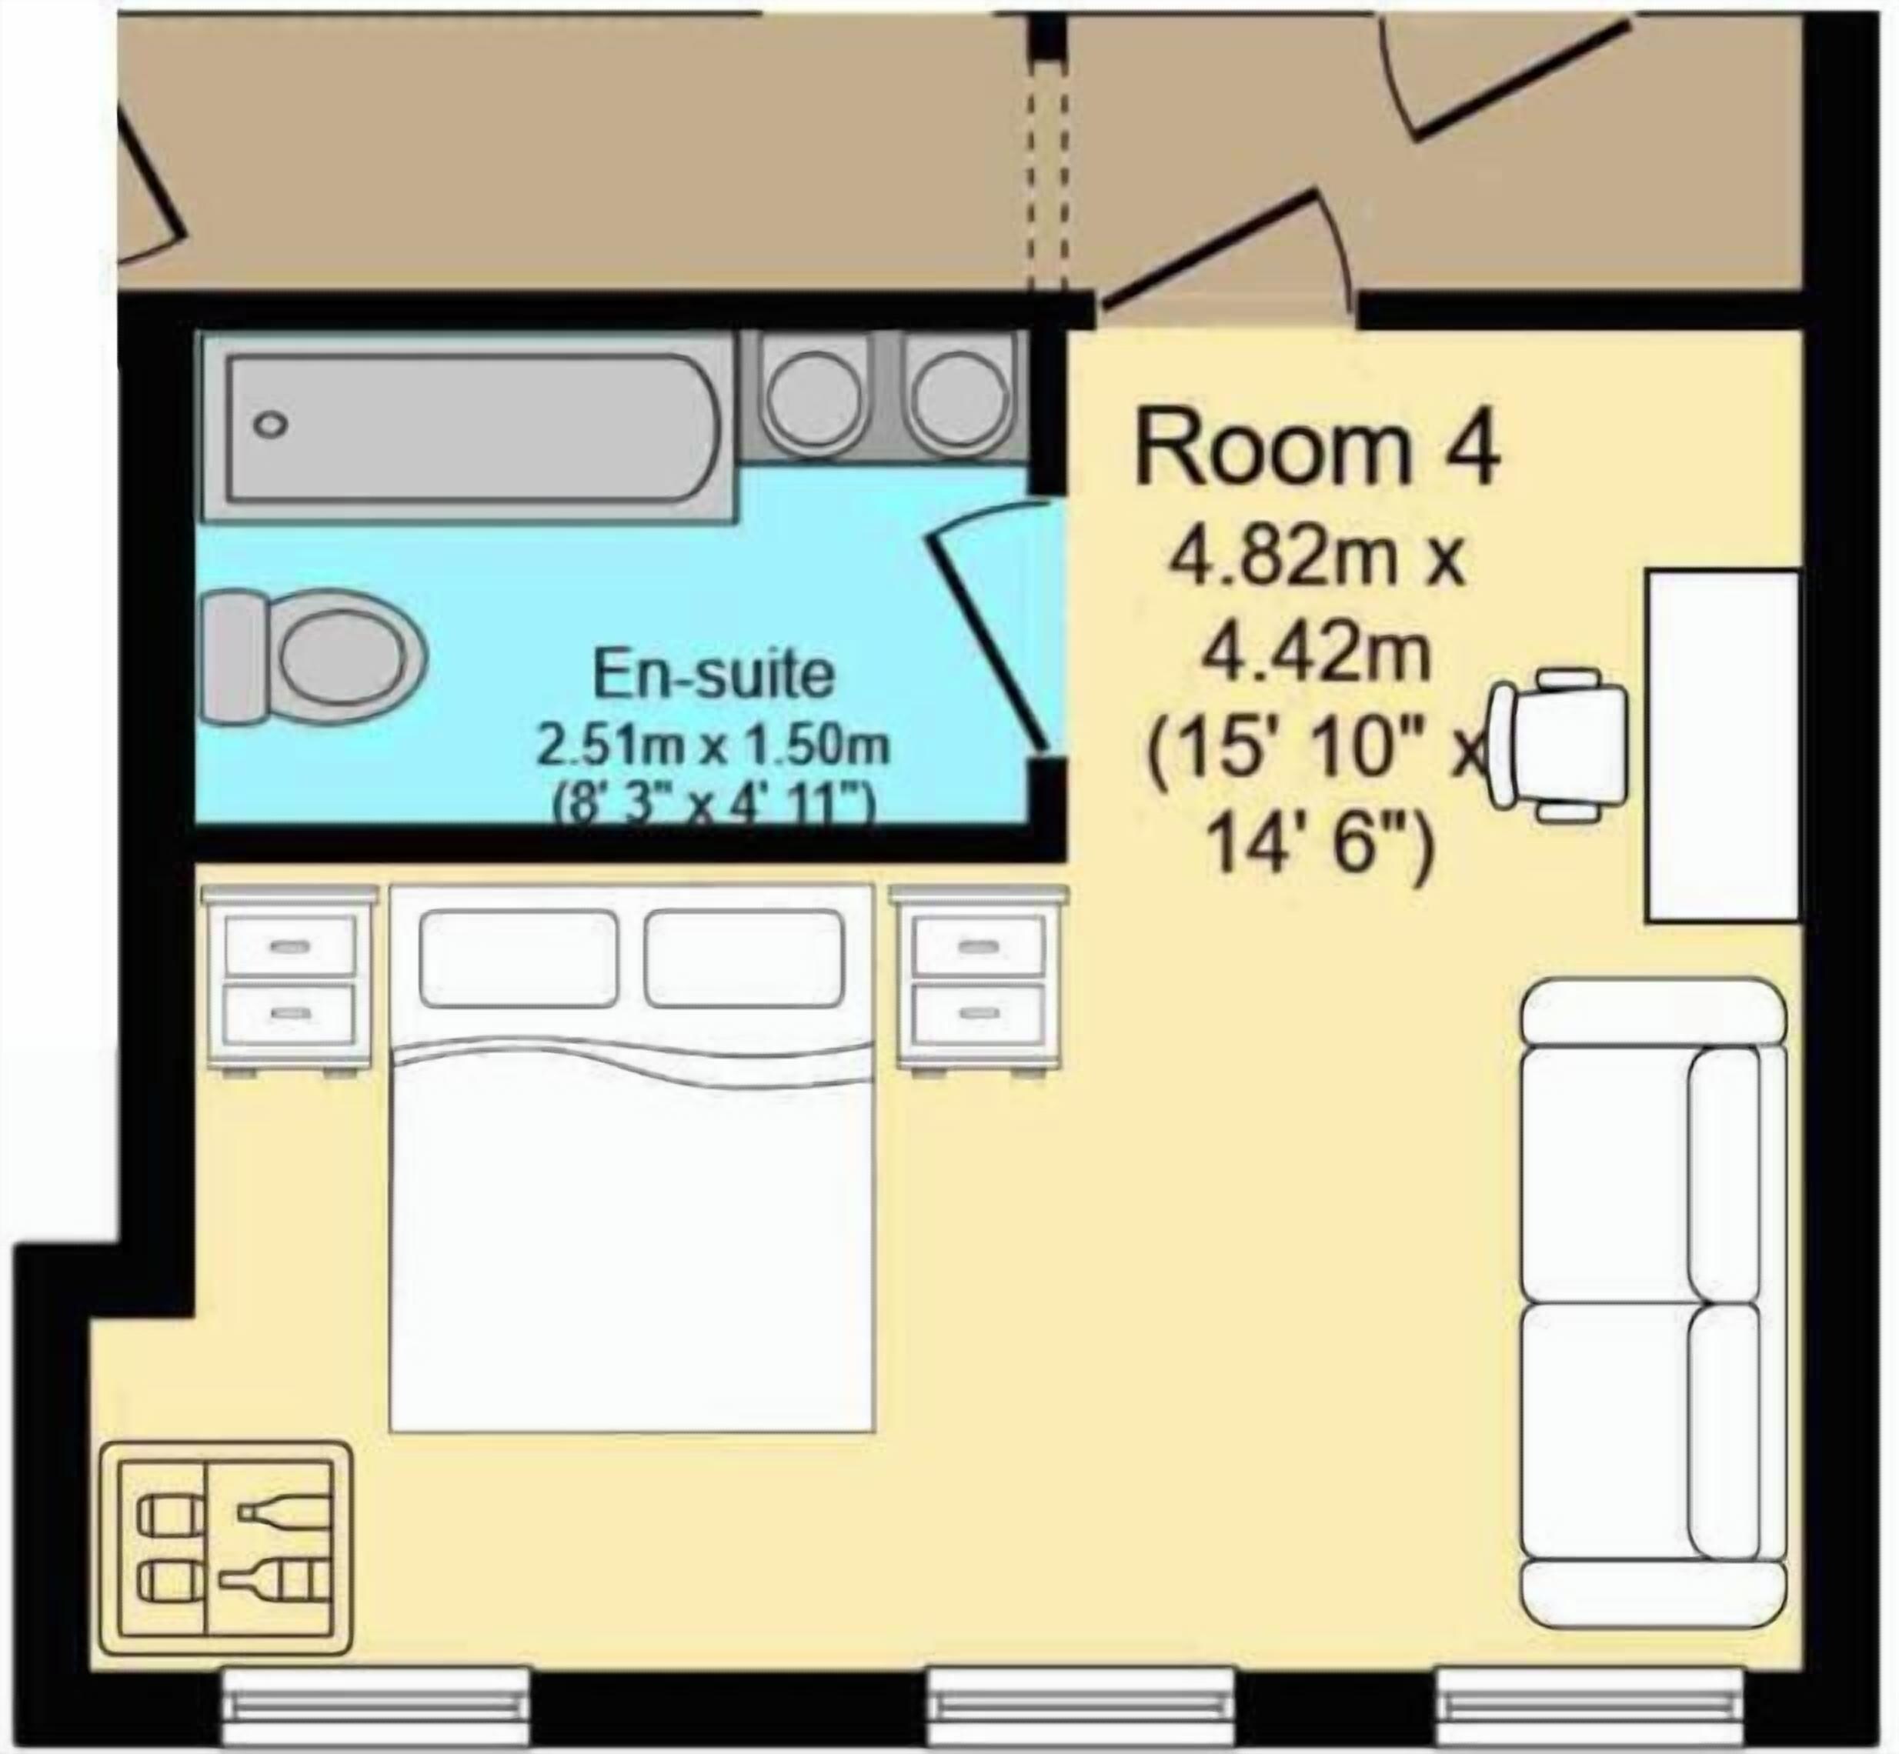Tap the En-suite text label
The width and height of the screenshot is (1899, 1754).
pyautogui.click(x=713, y=674)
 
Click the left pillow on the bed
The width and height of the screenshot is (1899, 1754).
pyautogui.click(x=519, y=959)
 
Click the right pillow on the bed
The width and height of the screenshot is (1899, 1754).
pyautogui.click(x=744, y=959)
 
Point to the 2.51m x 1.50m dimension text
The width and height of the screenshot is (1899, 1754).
pyautogui.click(x=713, y=746)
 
